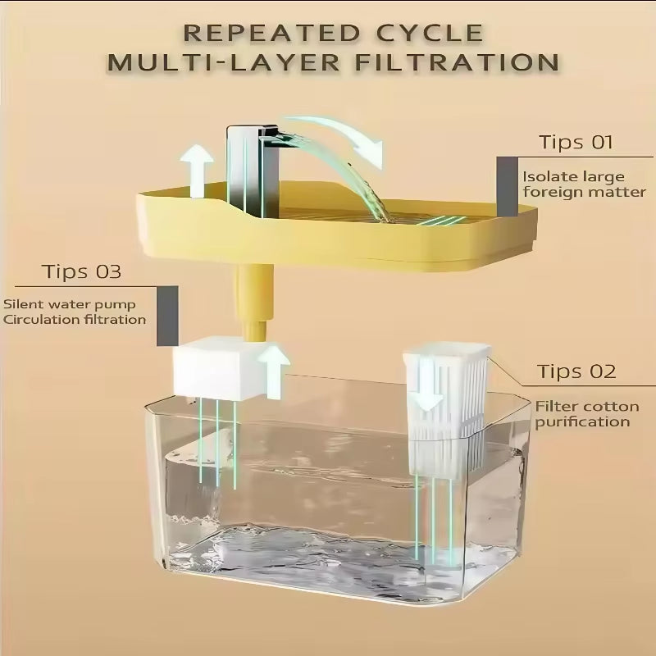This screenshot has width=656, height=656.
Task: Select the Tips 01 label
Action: click(576, 142)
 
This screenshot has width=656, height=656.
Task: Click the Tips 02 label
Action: click(576, 371)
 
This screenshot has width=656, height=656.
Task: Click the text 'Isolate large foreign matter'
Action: click(584, 184)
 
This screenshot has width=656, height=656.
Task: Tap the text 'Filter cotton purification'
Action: click(583, 413)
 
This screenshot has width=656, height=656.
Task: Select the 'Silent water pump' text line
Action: click(64, 303)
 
